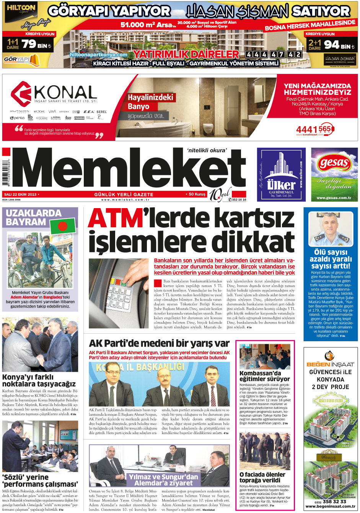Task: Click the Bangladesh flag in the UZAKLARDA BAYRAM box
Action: pyautogui.click(x=63, y=226)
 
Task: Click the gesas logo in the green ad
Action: pyautogui.click(x=334, y=164)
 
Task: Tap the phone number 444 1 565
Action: pyautogui.click(x=313, y=129)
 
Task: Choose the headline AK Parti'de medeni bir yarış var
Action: pyautogui.click(x=159, y=343)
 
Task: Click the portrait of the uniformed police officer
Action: pyautogui.click(x=331, y=229)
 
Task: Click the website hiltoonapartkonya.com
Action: pyautogui.click(x=98, y=55)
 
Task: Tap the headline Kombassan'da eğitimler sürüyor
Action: pyautogui.click(x=264, y=376)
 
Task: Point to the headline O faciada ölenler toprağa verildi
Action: pyautogui.click(x=262, y=477)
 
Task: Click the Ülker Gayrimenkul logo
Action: pyautogui.click(x=281, y=174)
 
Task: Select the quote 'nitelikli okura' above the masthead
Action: pyautogui.click(x=207, y=150)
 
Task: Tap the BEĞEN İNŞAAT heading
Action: pyautogui.click(x=330, y=364)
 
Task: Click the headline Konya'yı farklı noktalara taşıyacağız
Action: pyautogui.click(x=39, y=380)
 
